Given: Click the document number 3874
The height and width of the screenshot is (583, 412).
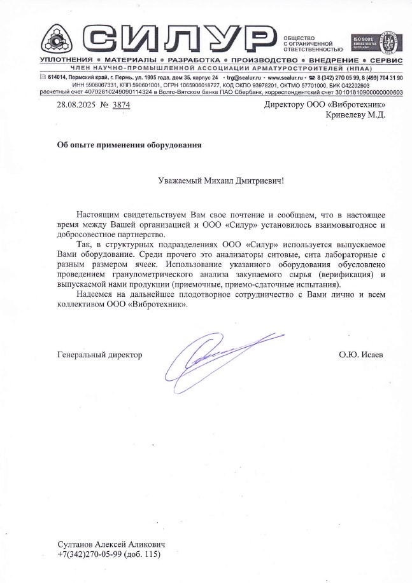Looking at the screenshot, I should click(x=121, y=105).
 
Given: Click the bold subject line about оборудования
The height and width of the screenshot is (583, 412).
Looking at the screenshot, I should click(x=129, y=144).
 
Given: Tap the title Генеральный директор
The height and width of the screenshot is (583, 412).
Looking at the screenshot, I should click(x=100, y=354).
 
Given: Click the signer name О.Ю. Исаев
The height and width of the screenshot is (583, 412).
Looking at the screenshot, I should click(x=361, y=354).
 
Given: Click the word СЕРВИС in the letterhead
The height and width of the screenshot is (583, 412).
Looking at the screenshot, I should click(x=386, y=59).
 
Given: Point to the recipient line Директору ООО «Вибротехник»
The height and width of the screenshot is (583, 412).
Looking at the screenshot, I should click(x=325, y=105).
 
